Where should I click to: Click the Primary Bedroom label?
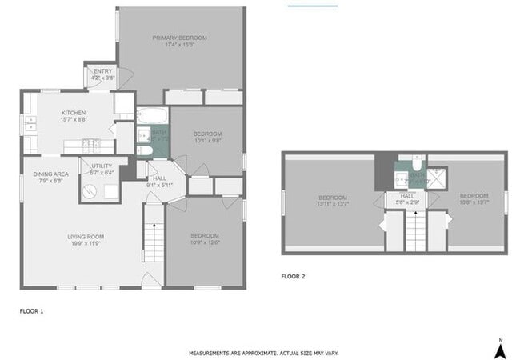click(180, 38)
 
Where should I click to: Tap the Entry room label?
click(102, 71)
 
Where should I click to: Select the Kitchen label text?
click(74, 113)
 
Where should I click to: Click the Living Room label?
click(86, 236)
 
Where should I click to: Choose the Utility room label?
click(102, 166)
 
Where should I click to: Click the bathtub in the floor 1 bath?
click(152, 116)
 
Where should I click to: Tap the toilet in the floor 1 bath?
click(143, 150)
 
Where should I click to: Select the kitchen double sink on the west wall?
click(30, 123)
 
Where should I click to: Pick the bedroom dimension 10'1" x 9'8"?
click(207, 141)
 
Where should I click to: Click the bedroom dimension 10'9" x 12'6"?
click(206, 242)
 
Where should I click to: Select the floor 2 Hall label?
click(407, 195)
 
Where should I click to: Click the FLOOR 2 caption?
click(293, 277)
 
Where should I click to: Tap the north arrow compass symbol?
click(499, 349)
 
